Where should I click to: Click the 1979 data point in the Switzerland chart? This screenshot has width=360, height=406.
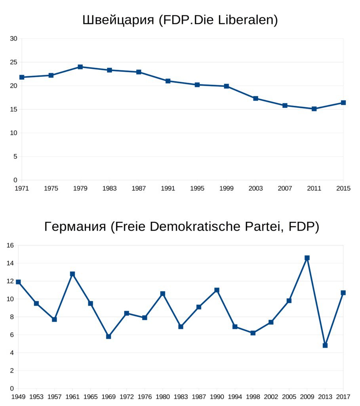click(x=80, y=67)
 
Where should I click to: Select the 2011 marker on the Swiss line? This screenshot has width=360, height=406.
click(x=314, y=109)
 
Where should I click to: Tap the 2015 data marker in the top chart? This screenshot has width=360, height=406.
click(x=343, y=103)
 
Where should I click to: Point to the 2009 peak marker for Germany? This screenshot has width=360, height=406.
click(x=307, y=258)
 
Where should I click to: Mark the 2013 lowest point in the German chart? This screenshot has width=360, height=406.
click(x=325, y=345)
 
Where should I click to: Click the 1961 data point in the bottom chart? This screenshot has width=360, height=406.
click(x=72, y=274)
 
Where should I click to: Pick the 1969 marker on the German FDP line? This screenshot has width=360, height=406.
click(x=109, y=337)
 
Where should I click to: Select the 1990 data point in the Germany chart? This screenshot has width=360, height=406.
click(x=217, y=290)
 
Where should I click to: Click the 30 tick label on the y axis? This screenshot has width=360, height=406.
click(x=14, y=38)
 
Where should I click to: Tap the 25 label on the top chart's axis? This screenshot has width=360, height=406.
click(x=14, y=62)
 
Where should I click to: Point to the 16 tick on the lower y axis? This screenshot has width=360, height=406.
click(x=10, y=245)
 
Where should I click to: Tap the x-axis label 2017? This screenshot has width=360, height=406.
click(x=343, y=396)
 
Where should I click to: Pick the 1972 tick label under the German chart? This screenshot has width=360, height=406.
click(x=127, y=396)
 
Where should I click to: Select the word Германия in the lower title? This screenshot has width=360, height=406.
click(x=75, y=227)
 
